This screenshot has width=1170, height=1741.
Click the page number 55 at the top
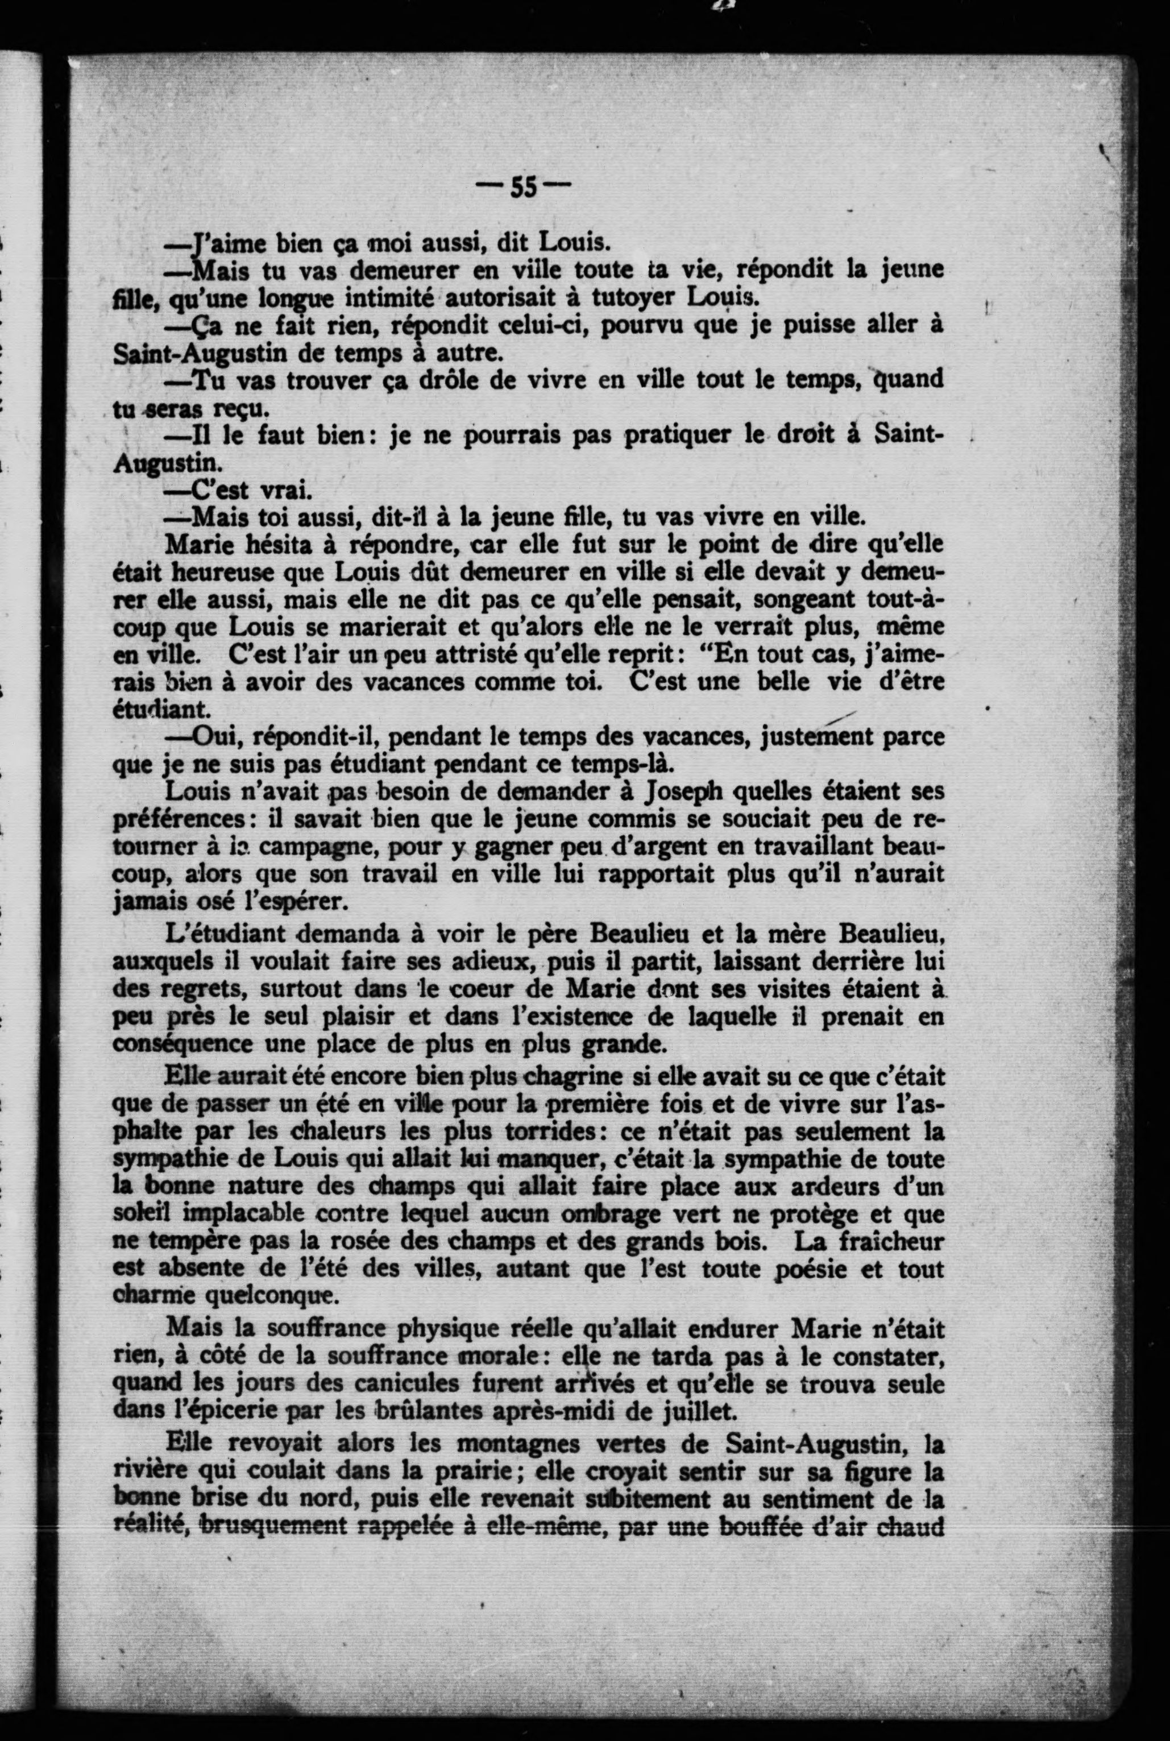tap(523, 187)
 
